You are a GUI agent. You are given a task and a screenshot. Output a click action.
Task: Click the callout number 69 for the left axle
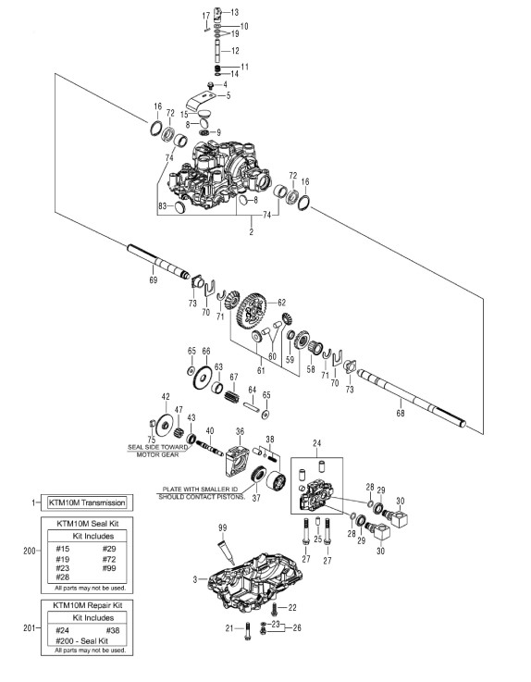[153, 280]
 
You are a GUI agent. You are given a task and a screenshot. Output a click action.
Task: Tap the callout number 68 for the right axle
[400, 413]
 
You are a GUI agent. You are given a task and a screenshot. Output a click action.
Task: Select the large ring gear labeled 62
[253, 314]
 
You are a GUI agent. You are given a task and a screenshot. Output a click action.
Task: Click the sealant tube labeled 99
[226, 552]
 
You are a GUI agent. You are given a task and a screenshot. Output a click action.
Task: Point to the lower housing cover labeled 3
[254, 579]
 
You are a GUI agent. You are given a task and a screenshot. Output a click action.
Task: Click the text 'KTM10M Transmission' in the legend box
[87, 502]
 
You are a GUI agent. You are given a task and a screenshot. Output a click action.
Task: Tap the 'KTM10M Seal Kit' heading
[88, 523]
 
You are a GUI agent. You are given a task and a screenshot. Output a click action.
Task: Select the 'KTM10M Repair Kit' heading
[87, 605]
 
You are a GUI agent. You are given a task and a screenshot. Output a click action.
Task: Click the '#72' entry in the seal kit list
[109, 559]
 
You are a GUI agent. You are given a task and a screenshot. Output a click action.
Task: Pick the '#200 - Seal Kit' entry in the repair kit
[81, 640]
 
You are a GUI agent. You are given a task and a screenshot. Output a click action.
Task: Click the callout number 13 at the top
[234, 12]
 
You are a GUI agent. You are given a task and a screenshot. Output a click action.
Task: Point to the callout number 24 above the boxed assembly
[316, 443]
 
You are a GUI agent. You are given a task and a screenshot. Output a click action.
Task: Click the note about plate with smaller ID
[202, 493]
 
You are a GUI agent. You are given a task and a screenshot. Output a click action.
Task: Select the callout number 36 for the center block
[240, 431]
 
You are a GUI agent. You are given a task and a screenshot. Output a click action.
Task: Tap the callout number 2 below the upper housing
[251, 232]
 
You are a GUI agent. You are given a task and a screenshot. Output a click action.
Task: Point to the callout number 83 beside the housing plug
[163, 205]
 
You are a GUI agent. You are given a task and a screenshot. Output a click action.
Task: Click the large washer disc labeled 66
[204, 378]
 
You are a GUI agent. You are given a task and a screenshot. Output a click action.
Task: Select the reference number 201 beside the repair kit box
[29, 627]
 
